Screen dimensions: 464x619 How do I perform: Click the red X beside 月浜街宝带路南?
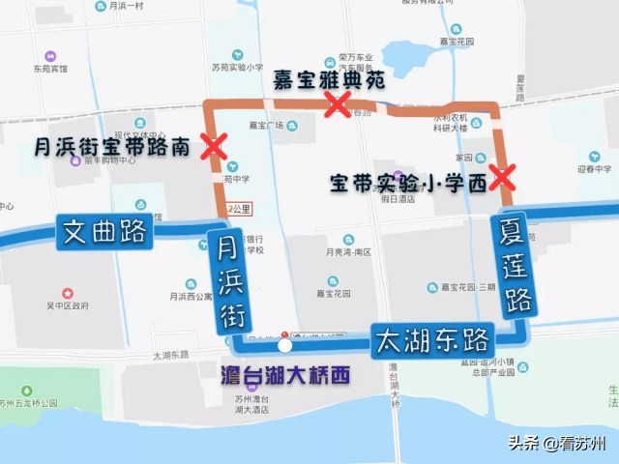click(213, 148)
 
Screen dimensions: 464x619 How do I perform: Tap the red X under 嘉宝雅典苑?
click(337, 104)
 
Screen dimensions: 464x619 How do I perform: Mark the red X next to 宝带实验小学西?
click(501, 177)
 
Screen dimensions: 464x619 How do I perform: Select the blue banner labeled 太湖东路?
click(431, 340)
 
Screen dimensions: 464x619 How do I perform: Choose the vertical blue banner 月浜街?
click(230, 281)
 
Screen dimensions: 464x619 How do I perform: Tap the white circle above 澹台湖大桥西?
click(284, 345)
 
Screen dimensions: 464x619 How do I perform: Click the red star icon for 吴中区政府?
click(67, 292)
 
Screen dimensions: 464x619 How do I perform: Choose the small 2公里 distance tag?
click(238, 208)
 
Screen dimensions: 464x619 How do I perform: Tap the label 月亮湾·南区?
click(349, 252)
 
